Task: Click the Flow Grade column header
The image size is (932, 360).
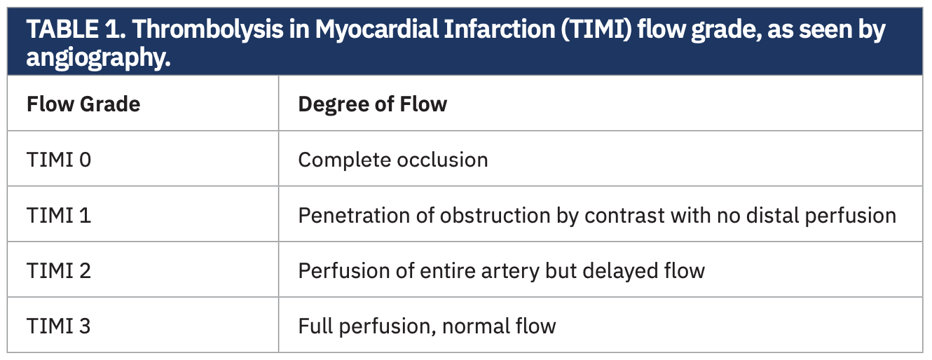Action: tap(83, 104)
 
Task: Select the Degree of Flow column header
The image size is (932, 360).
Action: tap(372, 104)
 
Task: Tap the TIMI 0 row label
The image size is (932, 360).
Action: tap(59, 160)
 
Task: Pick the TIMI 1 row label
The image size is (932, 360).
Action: tap(59, 215)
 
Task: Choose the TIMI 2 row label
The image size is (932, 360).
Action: tap(59, 270)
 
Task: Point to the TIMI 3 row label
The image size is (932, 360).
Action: tap(59, 326)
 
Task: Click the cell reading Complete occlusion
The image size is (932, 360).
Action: tap(393, 160)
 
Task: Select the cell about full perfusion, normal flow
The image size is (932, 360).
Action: tap(427, 326)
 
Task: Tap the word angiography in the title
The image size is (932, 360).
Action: tap(98, 57)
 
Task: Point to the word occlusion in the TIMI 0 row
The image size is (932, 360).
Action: tap(442, 160)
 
